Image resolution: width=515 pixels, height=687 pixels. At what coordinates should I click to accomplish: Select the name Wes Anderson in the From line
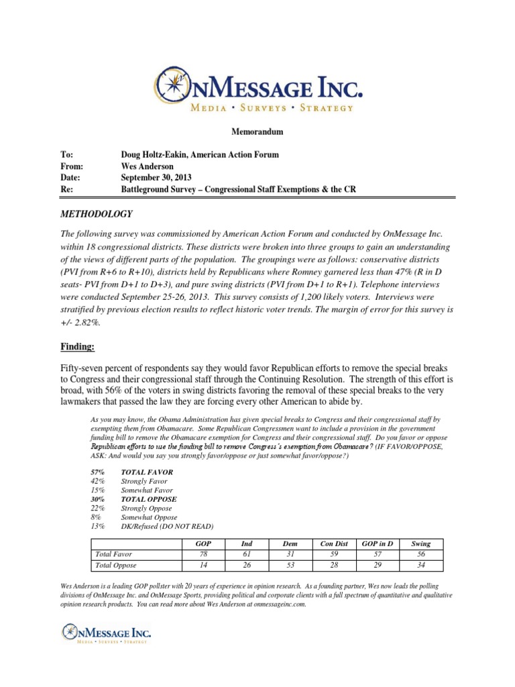pyautogui.click(x=146, y=166)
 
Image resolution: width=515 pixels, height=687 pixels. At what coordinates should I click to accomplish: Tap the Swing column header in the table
pyautogui.click(x=420, y=543)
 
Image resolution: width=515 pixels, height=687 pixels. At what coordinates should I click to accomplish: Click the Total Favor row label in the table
pyautogui.click(x=113, y=554)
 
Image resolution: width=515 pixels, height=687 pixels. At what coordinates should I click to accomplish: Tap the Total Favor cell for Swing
pyautogui.click(x=420, y=555)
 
